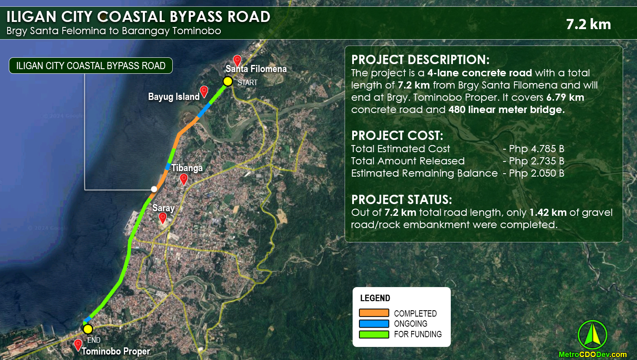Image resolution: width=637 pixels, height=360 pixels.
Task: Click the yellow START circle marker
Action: click(227, 81)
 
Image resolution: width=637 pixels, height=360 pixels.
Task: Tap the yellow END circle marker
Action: click(88, 329)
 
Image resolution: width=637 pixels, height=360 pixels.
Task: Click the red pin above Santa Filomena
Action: click(237, 60)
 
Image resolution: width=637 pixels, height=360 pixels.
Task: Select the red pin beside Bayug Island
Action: click(204, 91)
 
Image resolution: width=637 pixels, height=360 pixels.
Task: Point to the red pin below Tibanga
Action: click(184, 179)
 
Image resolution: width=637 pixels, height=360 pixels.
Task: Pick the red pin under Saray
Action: click(163, 218)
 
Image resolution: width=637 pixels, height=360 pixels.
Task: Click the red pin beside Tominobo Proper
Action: click(78, 345)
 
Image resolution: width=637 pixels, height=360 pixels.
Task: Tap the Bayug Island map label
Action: click(174, 97)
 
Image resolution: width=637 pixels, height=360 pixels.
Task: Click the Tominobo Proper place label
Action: click(116, 351)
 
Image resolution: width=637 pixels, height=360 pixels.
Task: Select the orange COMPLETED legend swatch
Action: click(374, 313)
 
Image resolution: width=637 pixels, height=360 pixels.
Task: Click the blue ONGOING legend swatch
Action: click(374, 324)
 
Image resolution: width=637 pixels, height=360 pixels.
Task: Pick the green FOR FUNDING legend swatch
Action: click(374, 334)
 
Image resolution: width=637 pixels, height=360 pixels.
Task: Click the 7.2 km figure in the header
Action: click(588, 24)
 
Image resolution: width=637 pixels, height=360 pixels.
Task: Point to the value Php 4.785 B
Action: click(536, 149)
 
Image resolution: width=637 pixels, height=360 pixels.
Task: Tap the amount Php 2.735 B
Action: click(536, 161)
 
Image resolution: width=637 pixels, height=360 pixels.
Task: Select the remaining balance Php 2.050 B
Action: click(536, 173)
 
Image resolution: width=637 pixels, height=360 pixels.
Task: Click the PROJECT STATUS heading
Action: click(401, 199)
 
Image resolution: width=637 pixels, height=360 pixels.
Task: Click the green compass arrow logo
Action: click(592, 335)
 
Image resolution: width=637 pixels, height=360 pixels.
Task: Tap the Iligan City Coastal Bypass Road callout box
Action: click(91, 66)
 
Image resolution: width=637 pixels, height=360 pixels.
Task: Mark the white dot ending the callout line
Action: click(154, 189)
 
